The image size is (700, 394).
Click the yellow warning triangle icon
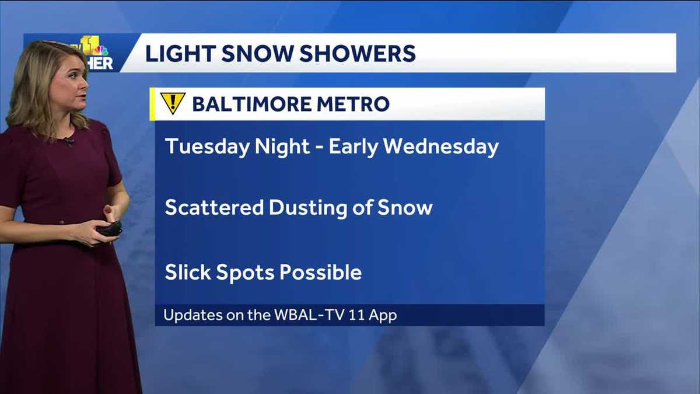173,103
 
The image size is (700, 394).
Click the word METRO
356,104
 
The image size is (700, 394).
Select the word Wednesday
442,147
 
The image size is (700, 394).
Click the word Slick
187,272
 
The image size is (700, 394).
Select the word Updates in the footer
190,315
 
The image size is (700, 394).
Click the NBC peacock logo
100,50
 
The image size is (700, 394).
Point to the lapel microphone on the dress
69,141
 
